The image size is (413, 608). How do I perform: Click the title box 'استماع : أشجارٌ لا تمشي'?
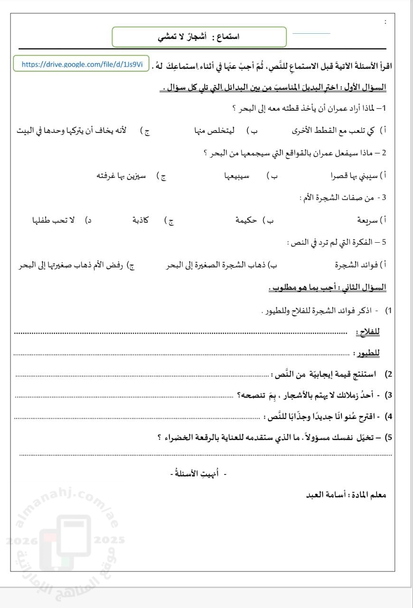[x=199, y=37]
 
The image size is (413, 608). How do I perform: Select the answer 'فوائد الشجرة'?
[x=358, y=265]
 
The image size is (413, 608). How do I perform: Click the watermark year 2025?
[x=110, y=540]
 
